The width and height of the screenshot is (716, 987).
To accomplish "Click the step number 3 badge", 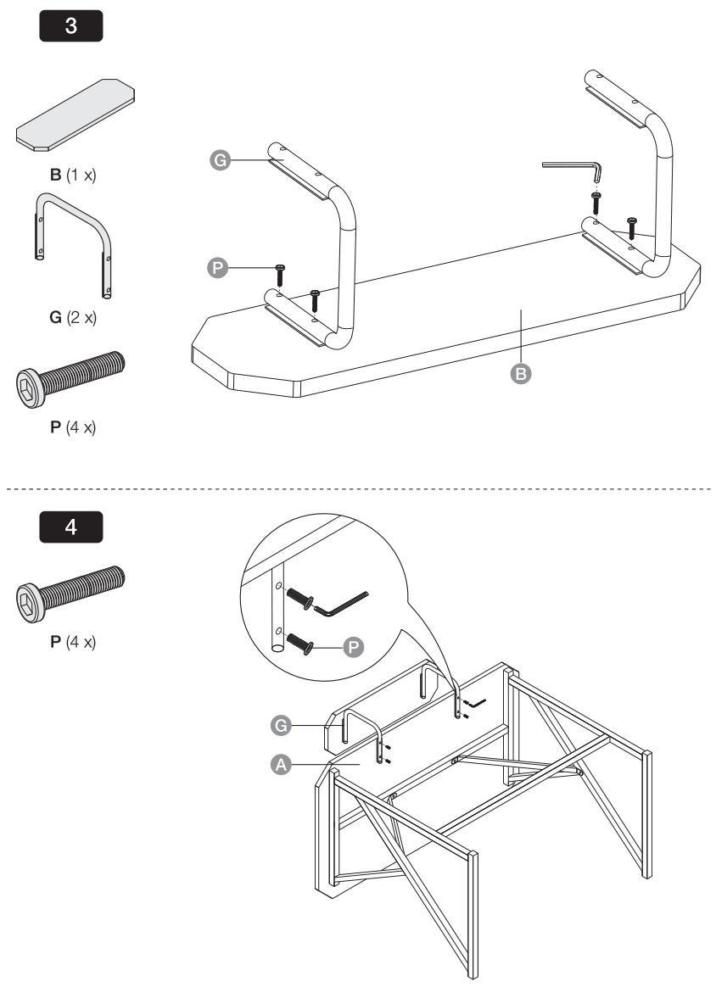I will point(71,25).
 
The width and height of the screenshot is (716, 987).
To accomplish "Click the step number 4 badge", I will point(71,527).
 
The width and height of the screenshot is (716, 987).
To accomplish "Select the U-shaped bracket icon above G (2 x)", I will point(72,246).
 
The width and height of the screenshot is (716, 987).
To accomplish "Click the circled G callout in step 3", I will point(219,159).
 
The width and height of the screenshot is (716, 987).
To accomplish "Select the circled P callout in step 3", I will point(218,267).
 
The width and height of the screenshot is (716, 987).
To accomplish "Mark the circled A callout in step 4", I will point(280,765).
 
